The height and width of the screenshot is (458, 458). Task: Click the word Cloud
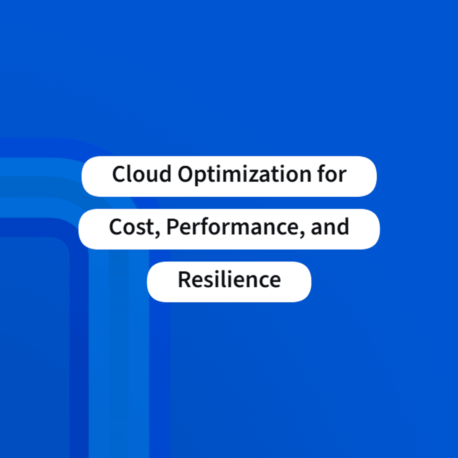(142, 174)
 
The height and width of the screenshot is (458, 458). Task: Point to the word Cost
(132, 227)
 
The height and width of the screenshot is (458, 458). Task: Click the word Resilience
(229, 279)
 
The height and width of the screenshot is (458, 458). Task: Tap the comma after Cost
(157, 234)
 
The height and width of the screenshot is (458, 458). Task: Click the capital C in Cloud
(119, 174)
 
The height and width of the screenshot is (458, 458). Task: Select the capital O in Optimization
(186, 174)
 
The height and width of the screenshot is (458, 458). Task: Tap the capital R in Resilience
(185, 279)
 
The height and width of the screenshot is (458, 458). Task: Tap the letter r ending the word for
(342, 176)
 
